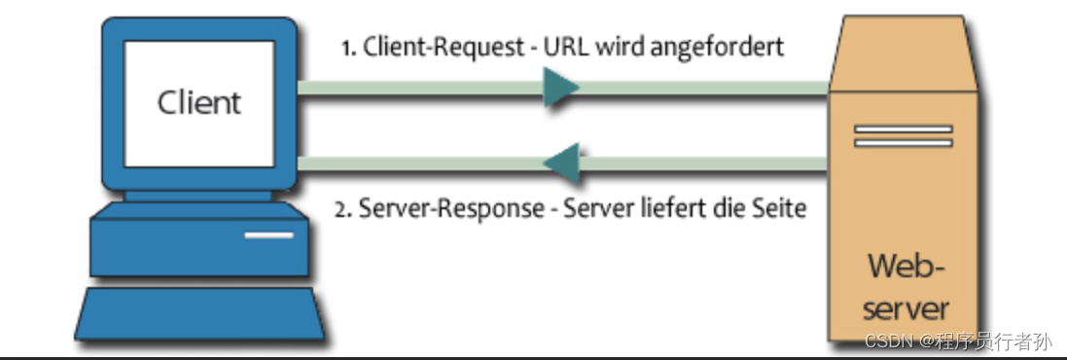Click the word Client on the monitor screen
click(x=198, y=102)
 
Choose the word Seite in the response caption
click(x=778, y=209)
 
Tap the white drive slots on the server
click(x=902, y=135)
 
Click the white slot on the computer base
click(x=268, y=234)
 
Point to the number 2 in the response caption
click(x=340, y=210)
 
